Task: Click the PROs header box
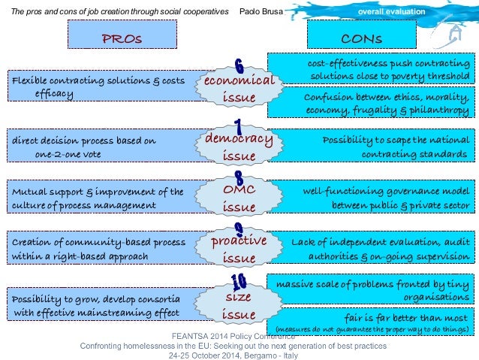click(x=122, y=35)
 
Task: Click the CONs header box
click(x=362, y=35)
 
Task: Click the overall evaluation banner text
click(x=390, y=13)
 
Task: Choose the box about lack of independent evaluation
click(x=372, y=249)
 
